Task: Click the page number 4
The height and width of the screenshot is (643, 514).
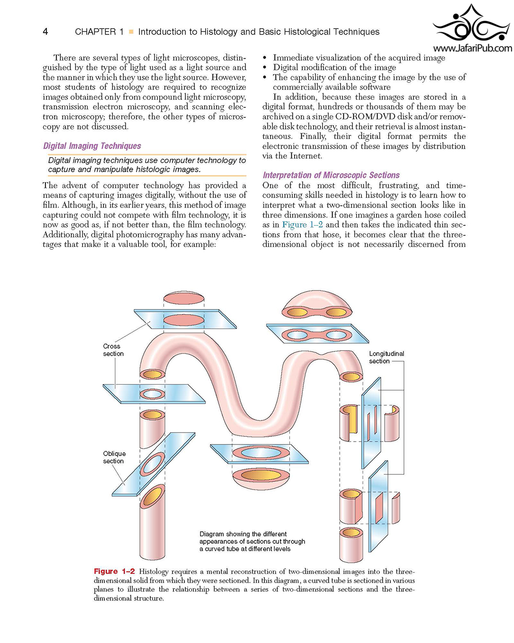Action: point(46,31)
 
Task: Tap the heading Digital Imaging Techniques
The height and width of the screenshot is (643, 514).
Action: point(92,146)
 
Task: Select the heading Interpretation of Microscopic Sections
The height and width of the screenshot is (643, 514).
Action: point(331,175)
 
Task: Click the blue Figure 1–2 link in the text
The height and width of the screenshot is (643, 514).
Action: point(302,224)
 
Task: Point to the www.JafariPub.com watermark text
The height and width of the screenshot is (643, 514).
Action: point(472,48)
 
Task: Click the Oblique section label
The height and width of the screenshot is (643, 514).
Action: point(114,457)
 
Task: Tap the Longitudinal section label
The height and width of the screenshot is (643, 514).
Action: point(386,357)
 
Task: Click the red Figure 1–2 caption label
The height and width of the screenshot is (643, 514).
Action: point(114,571)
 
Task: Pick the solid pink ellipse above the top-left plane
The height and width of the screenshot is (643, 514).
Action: point(183,298)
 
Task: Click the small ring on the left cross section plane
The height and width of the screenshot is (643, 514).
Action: point(152,394)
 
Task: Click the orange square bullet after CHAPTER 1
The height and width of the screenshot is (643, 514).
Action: point(131,31)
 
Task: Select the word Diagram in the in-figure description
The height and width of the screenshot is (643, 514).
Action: point(212,534)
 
